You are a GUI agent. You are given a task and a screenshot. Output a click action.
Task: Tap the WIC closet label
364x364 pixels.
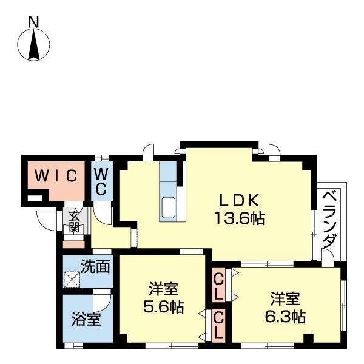(55, 176)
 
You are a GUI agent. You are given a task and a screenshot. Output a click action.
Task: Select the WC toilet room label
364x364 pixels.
(101, 180)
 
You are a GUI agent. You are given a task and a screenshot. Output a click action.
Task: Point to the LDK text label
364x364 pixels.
(238, 201)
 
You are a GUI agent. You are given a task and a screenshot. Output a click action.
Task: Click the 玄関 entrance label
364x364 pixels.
(74, 222)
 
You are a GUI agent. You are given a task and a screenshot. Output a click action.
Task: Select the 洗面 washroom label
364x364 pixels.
(96, 265)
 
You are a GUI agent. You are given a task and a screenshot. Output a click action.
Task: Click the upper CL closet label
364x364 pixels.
(218, 285)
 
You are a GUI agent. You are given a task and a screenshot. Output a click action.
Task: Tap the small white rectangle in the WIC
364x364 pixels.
(36, 198)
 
